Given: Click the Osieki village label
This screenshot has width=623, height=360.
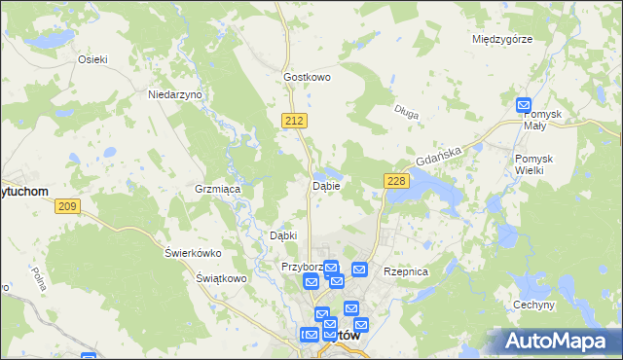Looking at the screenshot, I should [92, 58].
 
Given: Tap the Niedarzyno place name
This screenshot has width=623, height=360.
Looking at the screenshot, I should [173, 94].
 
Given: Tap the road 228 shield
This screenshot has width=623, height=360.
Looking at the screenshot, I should [395, 181].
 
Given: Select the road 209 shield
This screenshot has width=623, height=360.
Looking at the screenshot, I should [67, 205].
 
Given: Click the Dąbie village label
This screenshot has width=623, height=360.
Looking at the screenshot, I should [325, 185].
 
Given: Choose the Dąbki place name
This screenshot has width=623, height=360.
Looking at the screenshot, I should [282, 235].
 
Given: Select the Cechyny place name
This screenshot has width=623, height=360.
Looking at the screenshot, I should [533, 305].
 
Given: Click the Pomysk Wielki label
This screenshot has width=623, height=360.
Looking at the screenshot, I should [535, 164].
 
